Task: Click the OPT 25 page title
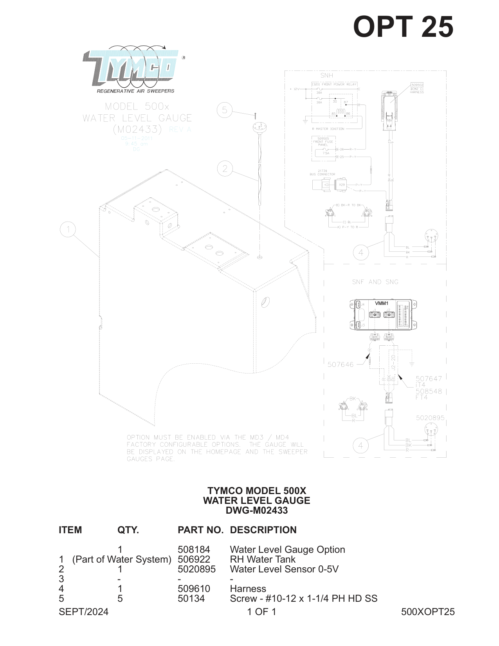click(x=403, y=27)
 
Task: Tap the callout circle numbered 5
click(x=225, y=110)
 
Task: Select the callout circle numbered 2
click(x=225, y=169)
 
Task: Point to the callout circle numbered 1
click(x=68, y=229)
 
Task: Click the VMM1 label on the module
click(x=381, y=303)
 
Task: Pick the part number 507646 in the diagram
click(x=340, y=365)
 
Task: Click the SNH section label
click(x=327, y=76)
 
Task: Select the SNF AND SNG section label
click(x=375, y=282)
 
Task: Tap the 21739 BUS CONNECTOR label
click(x=322, y=173)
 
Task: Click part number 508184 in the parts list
click(x=194, y=550)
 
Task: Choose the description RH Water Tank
click(x=263, y=559)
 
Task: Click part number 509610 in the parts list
click(x=194, y=589)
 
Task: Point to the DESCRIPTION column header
click(x=263, y=530)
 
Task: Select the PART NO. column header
click(x=200, y=530)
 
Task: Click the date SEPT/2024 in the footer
click(x=83, y=612)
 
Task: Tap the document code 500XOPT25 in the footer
click(x=428, y=612)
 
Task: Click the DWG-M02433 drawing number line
click(x=256, y=511)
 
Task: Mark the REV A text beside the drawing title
click(x=180, y=129)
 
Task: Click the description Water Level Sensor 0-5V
click(x=284, y=569)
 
